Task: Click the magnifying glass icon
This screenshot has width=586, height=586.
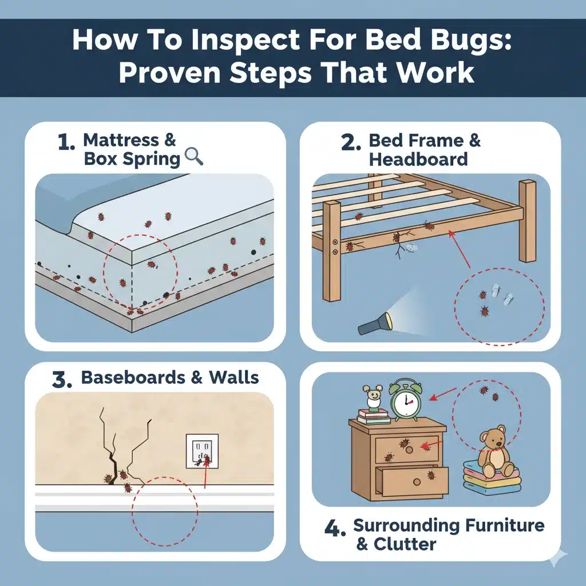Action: click(x=194, y=156)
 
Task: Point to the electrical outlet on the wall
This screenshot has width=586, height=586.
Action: click(x=202, y=451)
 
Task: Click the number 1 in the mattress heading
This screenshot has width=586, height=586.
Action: click(x=66, y=142)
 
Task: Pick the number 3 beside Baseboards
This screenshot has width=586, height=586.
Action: click(x=62, y=379)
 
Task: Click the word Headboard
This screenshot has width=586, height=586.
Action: click(x=418, y=159)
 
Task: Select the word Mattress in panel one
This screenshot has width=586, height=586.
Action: click(x=121, y=140)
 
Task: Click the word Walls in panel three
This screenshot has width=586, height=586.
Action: click(x=234, y=378)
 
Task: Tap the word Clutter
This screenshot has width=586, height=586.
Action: click(x=405, y=544)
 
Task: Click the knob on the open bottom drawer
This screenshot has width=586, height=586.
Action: click(x=417, y=482)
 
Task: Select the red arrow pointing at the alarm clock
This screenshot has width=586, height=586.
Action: click(x=443, y=394)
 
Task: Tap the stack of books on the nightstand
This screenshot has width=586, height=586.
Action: click(x=374, y=417)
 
